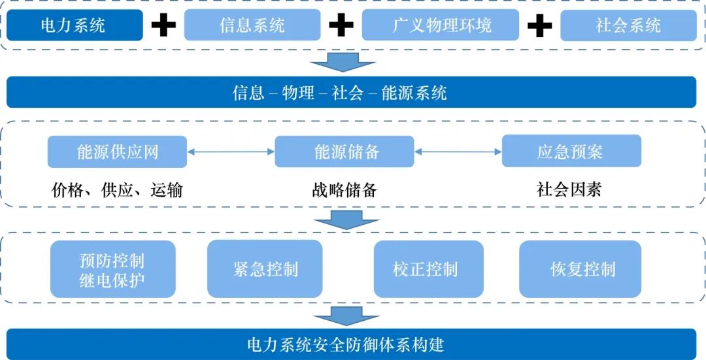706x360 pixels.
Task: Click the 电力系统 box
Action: [x=74, y=25]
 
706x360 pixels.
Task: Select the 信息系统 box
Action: [x=252, y=25]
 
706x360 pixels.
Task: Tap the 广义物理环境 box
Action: [x=441, y=25]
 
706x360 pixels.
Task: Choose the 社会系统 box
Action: [x=629, y=25]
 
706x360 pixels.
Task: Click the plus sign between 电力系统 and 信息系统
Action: [x=163, y=25]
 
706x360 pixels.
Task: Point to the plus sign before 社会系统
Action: [x=539, y=25]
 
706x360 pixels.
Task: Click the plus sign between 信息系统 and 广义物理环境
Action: [x=341, y=25]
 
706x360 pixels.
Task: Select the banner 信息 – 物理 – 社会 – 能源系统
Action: [x=352, y=92]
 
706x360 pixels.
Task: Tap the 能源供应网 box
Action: [x=117, y=152]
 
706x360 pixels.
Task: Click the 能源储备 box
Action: [x=345, y=152]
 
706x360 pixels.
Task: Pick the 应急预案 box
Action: [x=571, y=152]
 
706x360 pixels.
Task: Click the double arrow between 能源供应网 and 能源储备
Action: [x=231, y=152]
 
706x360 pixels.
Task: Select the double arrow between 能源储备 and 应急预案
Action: [x=458, y=152]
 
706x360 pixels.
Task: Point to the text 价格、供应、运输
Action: [x=117, y=190]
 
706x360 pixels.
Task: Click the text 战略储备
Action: [x=345, y=190]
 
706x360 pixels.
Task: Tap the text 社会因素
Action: [x=569, y=189]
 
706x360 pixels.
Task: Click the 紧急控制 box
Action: [x=265, y=269]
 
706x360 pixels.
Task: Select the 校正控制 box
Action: [x=428, y=269]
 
